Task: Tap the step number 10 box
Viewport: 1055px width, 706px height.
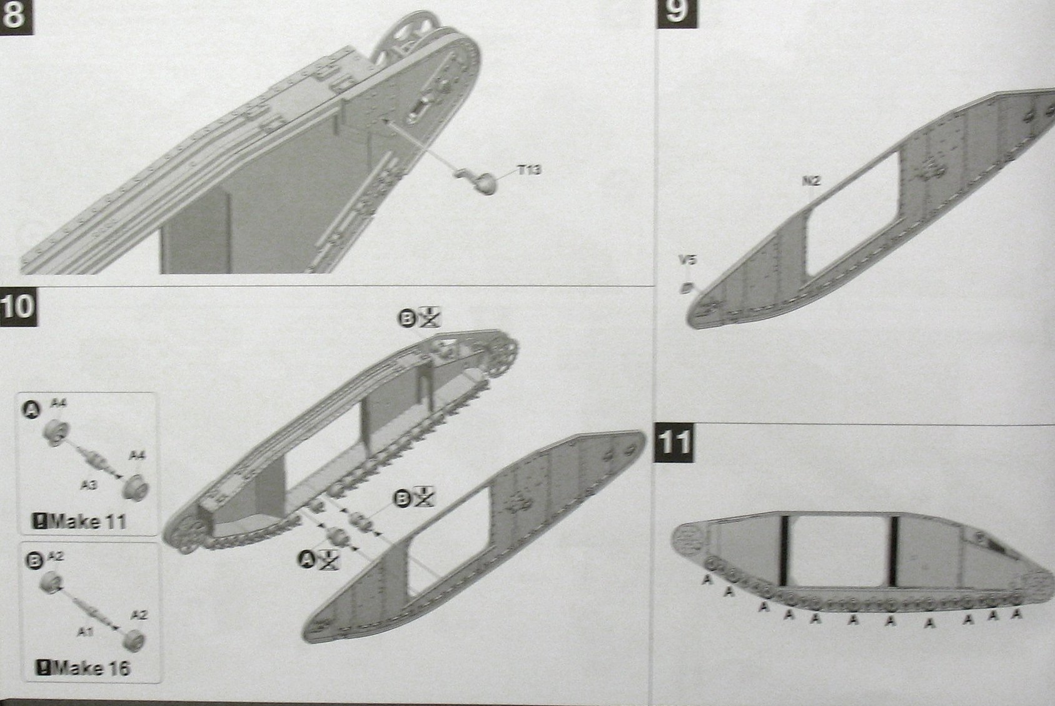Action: click(x=19, y=307)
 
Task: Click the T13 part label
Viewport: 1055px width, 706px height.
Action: click(x=529, y=169)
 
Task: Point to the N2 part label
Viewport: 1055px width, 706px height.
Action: click(x=810, y=182)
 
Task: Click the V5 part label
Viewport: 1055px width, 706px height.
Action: click(x=687, y=260)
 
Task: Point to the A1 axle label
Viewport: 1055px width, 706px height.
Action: click(x=87, y=633)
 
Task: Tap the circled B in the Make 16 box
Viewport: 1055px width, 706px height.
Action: click(x=36, y=560)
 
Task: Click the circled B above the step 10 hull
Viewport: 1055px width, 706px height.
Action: click(x=406, y=319)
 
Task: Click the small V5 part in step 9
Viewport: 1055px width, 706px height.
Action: click(x=688, y=288)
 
